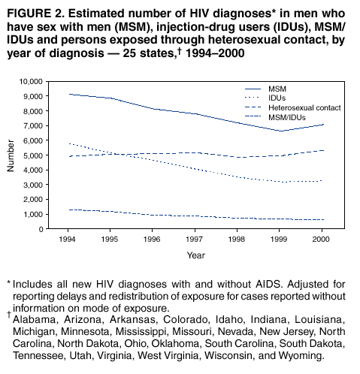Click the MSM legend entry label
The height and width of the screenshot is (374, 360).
point(277,89)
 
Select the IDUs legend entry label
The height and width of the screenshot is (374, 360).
point(277,98)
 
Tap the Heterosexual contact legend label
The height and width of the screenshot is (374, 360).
point(304,107)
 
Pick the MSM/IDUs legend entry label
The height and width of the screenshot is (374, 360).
point(287,117)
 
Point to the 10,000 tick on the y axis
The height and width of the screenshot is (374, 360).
point(31,82)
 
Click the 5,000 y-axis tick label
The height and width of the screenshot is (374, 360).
point(33,155)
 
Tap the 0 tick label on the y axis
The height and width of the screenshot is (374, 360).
point(41,229)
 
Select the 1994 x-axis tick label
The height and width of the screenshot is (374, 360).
point(67,240)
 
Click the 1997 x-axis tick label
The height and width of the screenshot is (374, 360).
point(194,240)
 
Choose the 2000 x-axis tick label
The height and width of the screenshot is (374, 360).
point(321,240)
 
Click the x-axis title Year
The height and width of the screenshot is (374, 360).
point(196,255)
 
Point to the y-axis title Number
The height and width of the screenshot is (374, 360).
point(11,155)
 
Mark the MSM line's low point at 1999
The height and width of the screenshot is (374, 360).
point(281,131)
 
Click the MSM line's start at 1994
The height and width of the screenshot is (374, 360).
point(68,94)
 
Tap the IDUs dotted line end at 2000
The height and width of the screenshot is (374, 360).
point(322,181)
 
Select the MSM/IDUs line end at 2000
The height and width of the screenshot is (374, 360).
point(324,219)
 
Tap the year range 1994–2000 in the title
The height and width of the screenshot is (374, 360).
point(215,53)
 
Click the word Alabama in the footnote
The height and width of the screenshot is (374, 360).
point(34,320)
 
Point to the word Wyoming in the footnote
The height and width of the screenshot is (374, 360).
point(301,355)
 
